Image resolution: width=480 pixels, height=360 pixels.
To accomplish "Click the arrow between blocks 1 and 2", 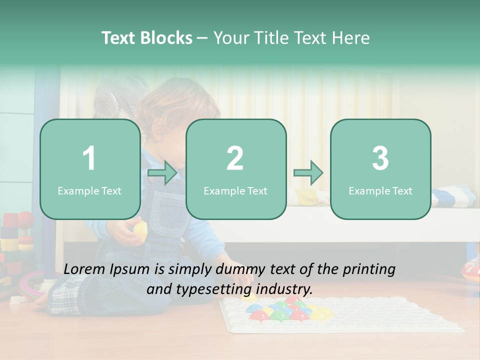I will (162, 173).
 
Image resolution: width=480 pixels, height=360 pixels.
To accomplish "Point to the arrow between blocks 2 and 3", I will (308, 173).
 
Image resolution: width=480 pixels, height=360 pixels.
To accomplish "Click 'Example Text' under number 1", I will (89, 191).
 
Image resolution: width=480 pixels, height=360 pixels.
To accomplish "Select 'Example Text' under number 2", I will (235, 191).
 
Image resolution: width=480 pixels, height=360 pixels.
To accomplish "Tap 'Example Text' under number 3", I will (380, 191).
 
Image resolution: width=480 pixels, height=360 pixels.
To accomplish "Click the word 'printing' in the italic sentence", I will (368, 269).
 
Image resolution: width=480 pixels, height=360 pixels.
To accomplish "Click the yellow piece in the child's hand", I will (140, 230).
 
